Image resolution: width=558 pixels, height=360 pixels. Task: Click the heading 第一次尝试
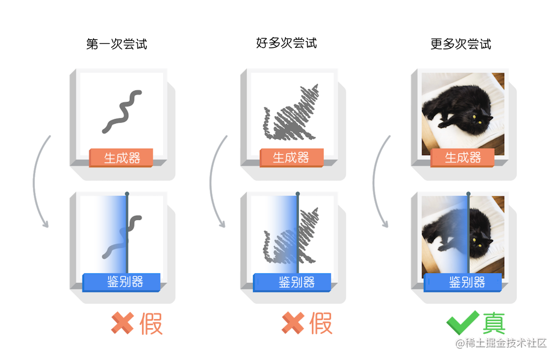tap(117, 44)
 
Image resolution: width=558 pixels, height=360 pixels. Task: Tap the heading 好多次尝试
tap(287, 43)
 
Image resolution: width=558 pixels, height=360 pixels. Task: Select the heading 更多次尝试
tap(461, 44)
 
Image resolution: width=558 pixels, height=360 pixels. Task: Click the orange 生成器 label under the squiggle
tap(121, 158)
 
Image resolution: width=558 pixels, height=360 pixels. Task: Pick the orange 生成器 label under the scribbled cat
tap(291, 158)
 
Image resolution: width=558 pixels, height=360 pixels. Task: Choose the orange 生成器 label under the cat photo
tap(462, 158)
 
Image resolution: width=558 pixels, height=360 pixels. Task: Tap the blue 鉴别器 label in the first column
tap(121, 282)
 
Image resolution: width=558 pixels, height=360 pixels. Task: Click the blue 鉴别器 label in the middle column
tap(292, 282)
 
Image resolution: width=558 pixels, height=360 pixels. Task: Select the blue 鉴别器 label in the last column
tap(463, 282)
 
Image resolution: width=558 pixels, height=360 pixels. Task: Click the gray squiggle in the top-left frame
tap(122, 111)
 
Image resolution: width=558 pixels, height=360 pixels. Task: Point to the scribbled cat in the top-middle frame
tap(291, 114)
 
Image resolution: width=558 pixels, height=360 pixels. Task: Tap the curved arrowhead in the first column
tap(45, 223)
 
